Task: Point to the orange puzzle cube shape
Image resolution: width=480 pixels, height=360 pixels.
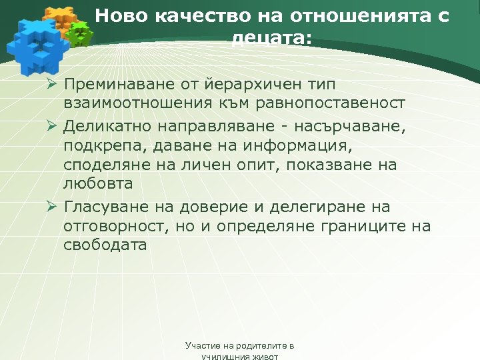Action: coord(58,19)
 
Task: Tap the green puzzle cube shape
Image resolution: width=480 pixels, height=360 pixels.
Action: coord(80,32)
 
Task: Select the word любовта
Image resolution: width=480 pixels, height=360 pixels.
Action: coord(99,183)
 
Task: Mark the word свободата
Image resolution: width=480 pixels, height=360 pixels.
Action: coord(105,245)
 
